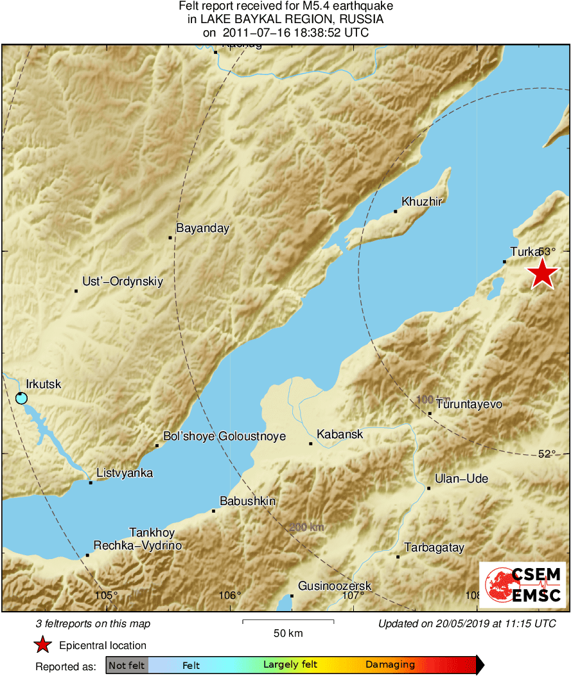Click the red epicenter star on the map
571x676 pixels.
click(x=543, y=274)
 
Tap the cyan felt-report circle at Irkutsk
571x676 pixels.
click(x=21, y=398)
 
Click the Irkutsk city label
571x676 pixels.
click(x=44, y=384)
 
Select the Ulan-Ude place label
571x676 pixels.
click(x=461, y=479)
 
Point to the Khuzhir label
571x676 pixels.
click(x=422, y=201)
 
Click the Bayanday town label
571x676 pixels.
click(x=202, y=228)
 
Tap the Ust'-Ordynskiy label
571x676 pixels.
click(x=123, y=281)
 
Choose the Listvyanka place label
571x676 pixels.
click(x=125, y=474)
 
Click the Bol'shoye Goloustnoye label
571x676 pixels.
click(x=224, y=436)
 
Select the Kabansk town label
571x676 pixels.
click(x=340, y=434)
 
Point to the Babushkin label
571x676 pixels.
click(x=247, y=501)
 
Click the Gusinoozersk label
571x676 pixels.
click(x=335, y=586)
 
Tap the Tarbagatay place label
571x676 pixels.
click(x=434, y=548)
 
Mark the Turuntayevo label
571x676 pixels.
click(x=469, y=404)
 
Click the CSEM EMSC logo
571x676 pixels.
click(x=522, y=584)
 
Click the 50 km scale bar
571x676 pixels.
click(x=288, y=621)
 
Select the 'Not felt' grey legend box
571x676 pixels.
click(x=127, y=665)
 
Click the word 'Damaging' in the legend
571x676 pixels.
click(x=390, y=665)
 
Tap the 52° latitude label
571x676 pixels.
click(x=546, y=454)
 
